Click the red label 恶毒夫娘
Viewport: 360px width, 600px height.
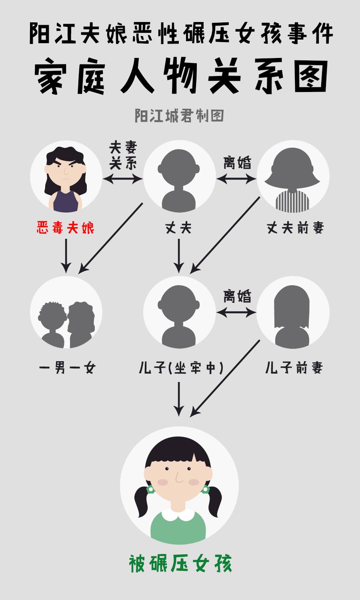pyautogui.click(x=66, y=228)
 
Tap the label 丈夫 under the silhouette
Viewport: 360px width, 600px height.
pyautogui.click(x=178, y=228)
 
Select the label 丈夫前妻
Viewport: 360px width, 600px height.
pyautogui.click(x=295, y=228)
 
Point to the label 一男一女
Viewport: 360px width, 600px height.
pyautogui.click(x=67, y=368)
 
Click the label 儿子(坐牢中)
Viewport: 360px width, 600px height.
pyautogui.click(x=181, y=368)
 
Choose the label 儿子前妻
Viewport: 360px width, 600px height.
pyautogui.click(x=294, y=368)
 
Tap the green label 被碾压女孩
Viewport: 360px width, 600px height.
pyautogui.click(x=180, y=564)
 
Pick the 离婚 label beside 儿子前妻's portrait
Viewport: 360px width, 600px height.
pyautogui.click(x=237, y=296)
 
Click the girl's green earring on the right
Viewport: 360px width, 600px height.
pyautogui.click(x=206, y=489)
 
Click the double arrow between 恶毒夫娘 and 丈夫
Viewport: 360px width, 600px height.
pyautogui.click(x=123, y=179)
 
